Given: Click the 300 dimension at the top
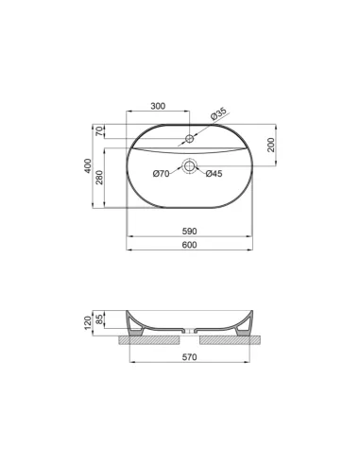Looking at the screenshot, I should click(158, 106).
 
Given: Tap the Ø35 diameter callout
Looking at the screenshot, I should click(218, 115).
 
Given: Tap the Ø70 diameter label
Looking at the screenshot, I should click(162, 173).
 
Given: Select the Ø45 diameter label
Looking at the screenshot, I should click(214, 173).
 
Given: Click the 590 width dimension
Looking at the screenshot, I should click(189, 232).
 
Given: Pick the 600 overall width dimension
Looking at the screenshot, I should click(189, 246).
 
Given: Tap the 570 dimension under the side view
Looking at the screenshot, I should click(189, 359).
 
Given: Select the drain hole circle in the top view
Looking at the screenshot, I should click(190, 166).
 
